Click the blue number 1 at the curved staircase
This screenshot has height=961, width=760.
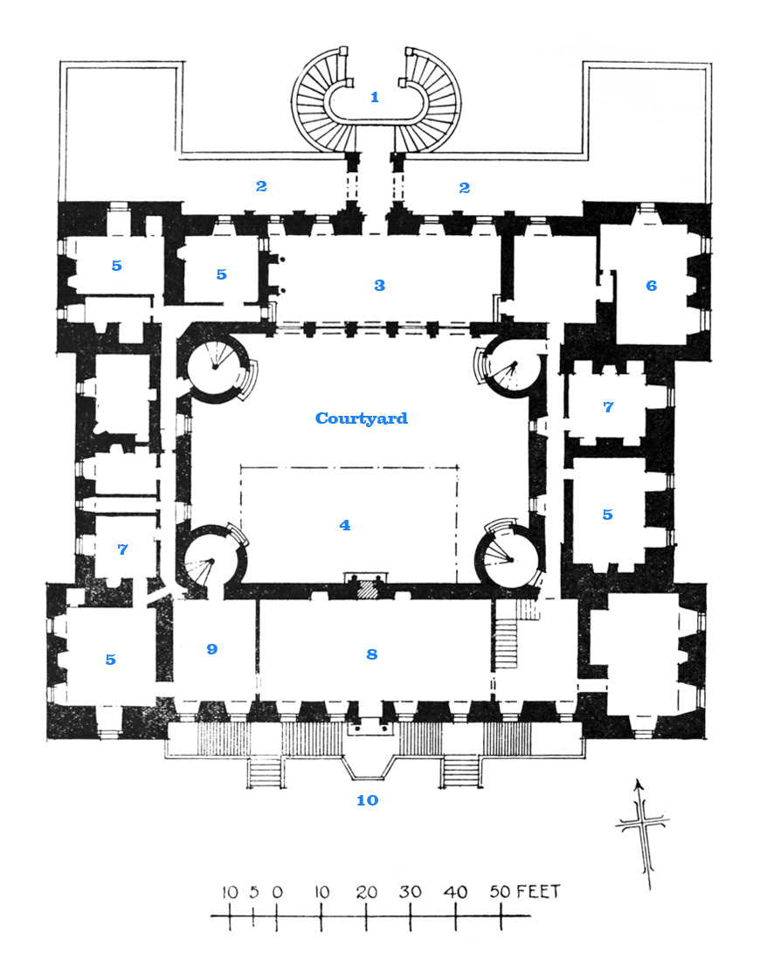[x=375, y=97]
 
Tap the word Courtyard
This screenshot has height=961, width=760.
[x=361, y=418]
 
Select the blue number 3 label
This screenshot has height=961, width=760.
[x=379, y=285]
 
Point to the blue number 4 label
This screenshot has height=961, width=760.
[x=345, y=525]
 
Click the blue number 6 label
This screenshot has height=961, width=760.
[x=652, y=286]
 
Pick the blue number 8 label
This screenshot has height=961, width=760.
[x=372, y=654]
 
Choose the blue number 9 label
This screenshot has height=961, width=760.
[x=212, y=649]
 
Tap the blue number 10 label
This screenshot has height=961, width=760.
[x=367, y=799]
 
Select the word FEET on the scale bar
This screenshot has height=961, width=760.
[x=538, y=891]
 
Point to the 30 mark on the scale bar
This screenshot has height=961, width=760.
[x=410, y=892]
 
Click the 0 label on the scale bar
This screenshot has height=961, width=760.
[x=277, y=892]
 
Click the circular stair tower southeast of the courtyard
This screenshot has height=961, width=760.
[x=508, y=557]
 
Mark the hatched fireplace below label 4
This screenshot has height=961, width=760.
[x=369, y=589]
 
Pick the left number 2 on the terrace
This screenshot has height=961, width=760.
[x=261, y=186]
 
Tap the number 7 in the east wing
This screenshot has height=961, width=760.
[x=608, y=407]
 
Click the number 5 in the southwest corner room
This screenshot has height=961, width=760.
[x=110, y=660]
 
